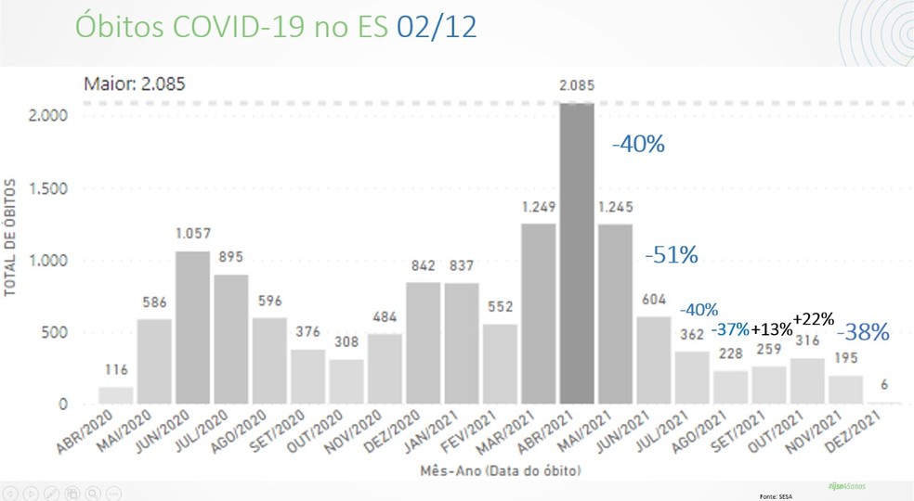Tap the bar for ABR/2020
(115, 395)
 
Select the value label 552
(500, 307)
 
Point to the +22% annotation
(814, 318)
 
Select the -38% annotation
(863, 331)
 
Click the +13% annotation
(771, 329)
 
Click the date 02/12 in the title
(436, 27)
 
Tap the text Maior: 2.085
(135, 83)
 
